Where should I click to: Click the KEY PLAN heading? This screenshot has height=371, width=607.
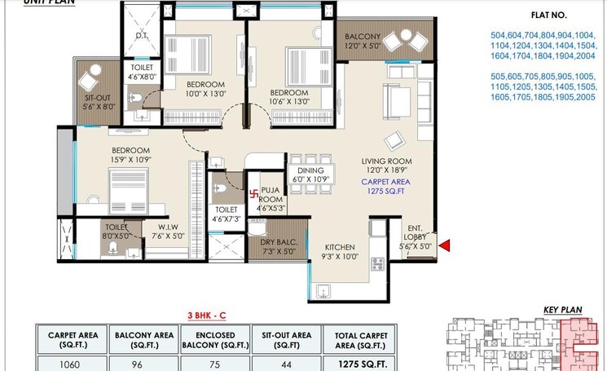[562, 310]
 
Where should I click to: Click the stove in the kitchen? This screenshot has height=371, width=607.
[378, 263]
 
